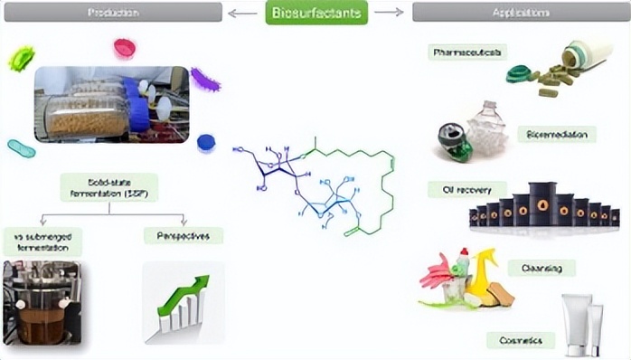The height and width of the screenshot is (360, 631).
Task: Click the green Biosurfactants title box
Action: (315, 13)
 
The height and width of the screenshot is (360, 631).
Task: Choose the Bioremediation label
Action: (556, 135)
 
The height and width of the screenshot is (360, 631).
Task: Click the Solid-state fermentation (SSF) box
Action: (108, 187)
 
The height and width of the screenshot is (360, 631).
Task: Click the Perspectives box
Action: (183, 236)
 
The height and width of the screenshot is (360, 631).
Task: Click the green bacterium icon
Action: (21, 60)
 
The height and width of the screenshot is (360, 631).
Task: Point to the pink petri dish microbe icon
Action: (125, 47)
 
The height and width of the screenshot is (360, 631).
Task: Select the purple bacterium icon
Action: (205, 80)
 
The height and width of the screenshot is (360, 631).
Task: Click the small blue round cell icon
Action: (206, 141)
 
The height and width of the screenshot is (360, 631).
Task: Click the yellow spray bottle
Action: (481, 270)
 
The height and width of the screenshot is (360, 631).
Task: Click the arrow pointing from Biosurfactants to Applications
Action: (389, 13)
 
